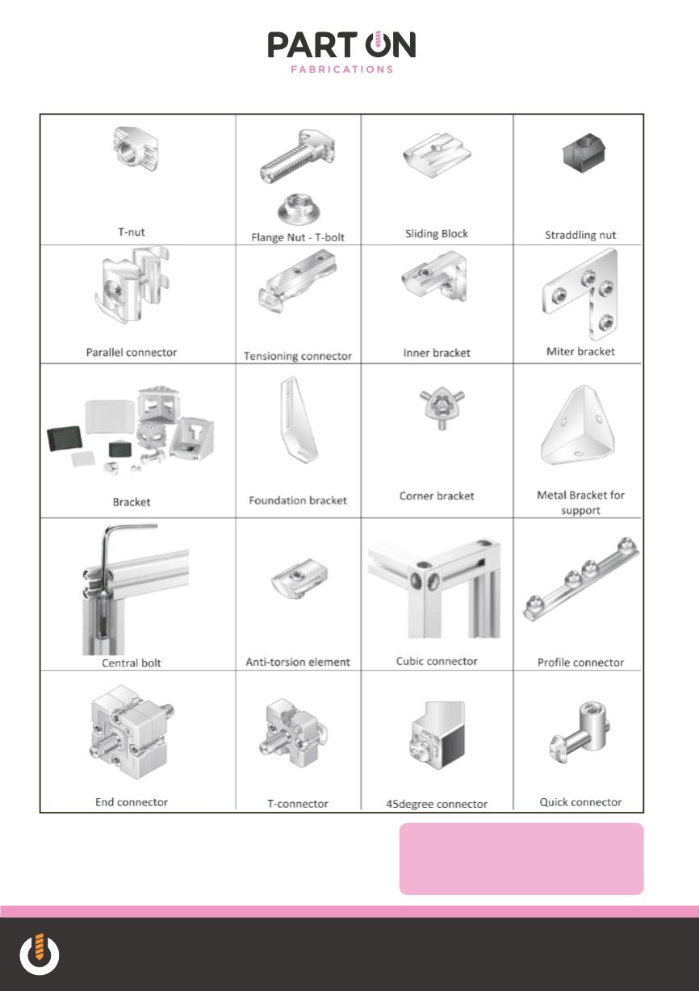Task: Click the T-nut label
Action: click(x=132, y=232)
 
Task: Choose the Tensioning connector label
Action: click(x=298, y=356)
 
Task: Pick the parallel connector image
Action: click(x=132, y=285)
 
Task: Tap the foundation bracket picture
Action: click(x=299, y=419)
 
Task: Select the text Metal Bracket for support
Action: click(x=580, y=503)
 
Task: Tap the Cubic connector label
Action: click(x=437, y=662)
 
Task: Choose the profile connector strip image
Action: click(x=581, y=579)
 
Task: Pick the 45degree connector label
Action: click(x=437, y=804)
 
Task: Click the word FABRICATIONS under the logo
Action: click(x=342, y=69)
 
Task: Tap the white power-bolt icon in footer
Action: click(x=40, y=954)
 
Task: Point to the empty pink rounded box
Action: click(x=521, y=859)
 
